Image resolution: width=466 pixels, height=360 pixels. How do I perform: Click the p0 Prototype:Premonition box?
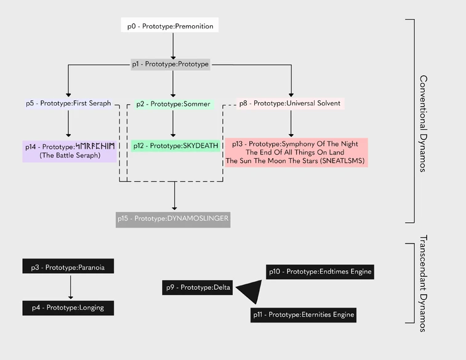click(x=170, y=26)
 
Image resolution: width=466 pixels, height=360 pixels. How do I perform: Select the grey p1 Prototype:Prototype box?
click(x=171, y=64)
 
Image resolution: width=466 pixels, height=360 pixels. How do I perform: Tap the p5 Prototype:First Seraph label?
click(x=68, y=103)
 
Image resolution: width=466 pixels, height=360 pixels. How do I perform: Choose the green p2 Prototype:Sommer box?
click(x=172, y=104)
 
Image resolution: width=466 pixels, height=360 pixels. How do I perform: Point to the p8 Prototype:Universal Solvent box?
click(x=290, y=103)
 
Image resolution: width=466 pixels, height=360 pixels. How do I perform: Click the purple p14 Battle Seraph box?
click(x=70, y=151)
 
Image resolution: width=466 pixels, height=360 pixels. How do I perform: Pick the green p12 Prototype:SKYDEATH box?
click(x=175, y=146)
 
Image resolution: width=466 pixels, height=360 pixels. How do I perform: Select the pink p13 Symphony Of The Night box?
click(x=295, y=152)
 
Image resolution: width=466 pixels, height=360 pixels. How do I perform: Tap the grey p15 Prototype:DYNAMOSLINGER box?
click(x=173, y=219)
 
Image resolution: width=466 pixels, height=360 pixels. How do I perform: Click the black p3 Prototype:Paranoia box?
click(x=68, y=268)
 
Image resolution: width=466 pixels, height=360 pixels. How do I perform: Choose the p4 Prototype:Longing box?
click(x=68, y=308)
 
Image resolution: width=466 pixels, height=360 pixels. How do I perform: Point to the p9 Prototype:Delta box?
click(x=198, y=287)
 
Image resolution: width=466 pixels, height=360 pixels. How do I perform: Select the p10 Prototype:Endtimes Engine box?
click(x=320, y=271)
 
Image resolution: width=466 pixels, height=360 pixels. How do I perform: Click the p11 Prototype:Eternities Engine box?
click(x=304, y=315)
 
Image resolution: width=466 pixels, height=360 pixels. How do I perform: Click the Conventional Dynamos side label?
click(x=424, y=123)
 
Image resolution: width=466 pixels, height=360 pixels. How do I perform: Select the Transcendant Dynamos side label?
click(x=424, y=282)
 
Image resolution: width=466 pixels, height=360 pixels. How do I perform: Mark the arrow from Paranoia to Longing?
click(x=71, y=287)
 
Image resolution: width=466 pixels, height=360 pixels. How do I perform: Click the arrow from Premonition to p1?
click(x=173, y=45)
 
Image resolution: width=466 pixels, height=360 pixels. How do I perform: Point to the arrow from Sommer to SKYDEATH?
click(x=173, y=124)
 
